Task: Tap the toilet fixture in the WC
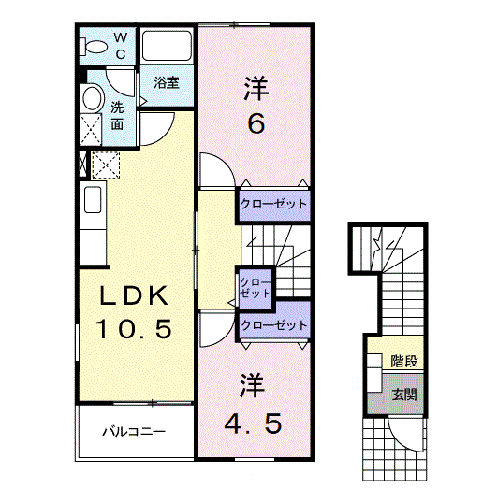click(95, 45)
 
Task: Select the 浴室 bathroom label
click(168, 81)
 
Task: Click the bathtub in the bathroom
click(167, 47)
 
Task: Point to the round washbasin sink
click(92, 98)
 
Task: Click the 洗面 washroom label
click(117, 115)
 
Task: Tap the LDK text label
click(135, 297)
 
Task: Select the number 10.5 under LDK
click(135, 329)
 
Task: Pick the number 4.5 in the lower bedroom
click(252, 423)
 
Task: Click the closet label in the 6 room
click(273, 204)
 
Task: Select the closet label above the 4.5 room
click(273, 325)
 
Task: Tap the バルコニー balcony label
click(133, 432)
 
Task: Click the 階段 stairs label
click(404, 361)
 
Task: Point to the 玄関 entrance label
click(404, 395)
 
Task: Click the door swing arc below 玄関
click(405, 432)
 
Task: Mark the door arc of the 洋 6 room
click(213, 170)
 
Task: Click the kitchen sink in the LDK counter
click(93, 199)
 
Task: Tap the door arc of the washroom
click(158, 131)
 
